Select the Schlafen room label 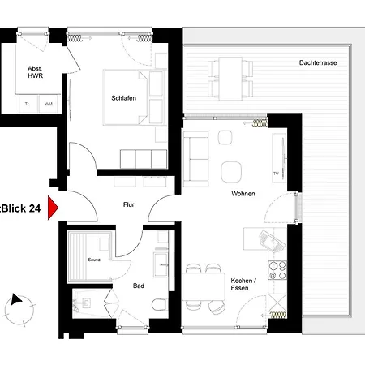(x=123, y=98)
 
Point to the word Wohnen (x=243, y=193)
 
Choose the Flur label (x=128, y=205)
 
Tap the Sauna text (x=93, y=260)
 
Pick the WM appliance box (x=48, y=104)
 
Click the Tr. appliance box (x=28, y=104)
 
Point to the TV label (x=276, y=174)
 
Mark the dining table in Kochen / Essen (x=204, y=286)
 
